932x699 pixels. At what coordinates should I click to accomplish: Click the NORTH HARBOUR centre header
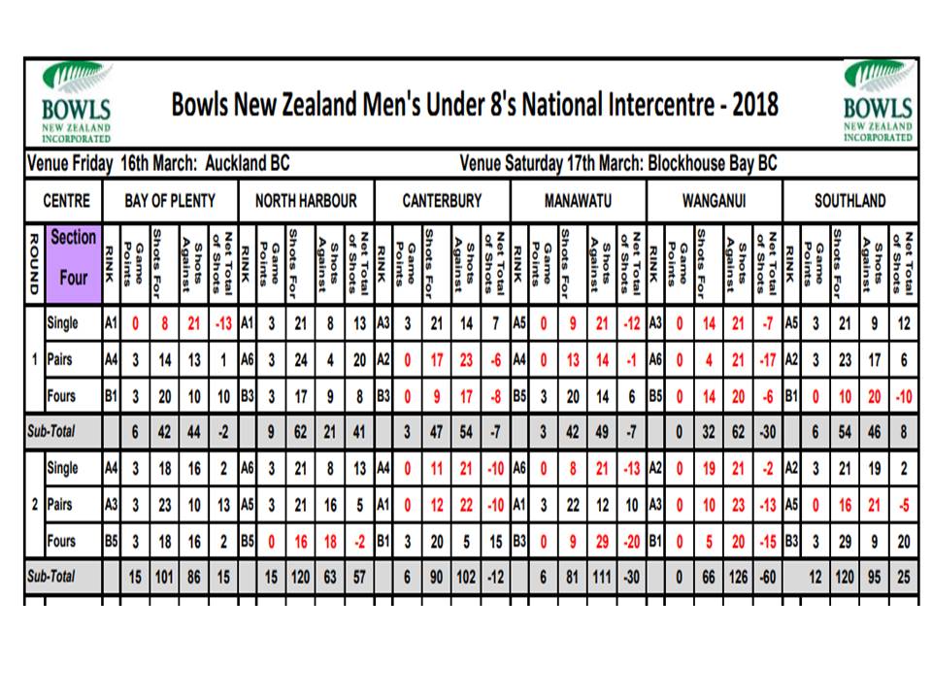pos(306,201)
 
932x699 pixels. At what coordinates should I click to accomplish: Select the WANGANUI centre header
pos(714,201)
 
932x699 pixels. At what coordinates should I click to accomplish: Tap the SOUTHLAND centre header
pos(850,201)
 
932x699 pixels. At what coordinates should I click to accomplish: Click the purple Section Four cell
pos(73,263)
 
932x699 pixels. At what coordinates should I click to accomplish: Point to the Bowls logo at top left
pos(77,102)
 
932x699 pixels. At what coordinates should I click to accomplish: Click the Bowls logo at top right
pos(878,102)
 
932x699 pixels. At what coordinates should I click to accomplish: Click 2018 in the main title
pos(755,105)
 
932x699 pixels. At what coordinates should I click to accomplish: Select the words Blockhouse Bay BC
pos(712,163)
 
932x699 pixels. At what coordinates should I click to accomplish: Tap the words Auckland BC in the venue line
pos(248,163)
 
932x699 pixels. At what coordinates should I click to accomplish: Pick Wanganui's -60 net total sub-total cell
pos(768,577)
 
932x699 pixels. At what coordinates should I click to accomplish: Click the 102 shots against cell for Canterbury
pos(466,577)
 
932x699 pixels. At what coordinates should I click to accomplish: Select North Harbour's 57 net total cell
pos(359,577)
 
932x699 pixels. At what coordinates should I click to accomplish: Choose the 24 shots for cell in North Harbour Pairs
pos(301,360)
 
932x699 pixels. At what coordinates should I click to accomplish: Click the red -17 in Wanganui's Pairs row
pos(768,360)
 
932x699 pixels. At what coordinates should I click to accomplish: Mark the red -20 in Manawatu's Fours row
pos(632,542)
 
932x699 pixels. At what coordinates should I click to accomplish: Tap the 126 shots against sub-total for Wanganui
pos(738,577)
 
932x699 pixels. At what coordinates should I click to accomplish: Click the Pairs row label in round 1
pos(60,359)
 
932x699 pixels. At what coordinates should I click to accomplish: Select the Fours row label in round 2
pos(61,541)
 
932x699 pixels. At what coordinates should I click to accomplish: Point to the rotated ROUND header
pos(34,263)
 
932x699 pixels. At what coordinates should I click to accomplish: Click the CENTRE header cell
pos(67,201)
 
